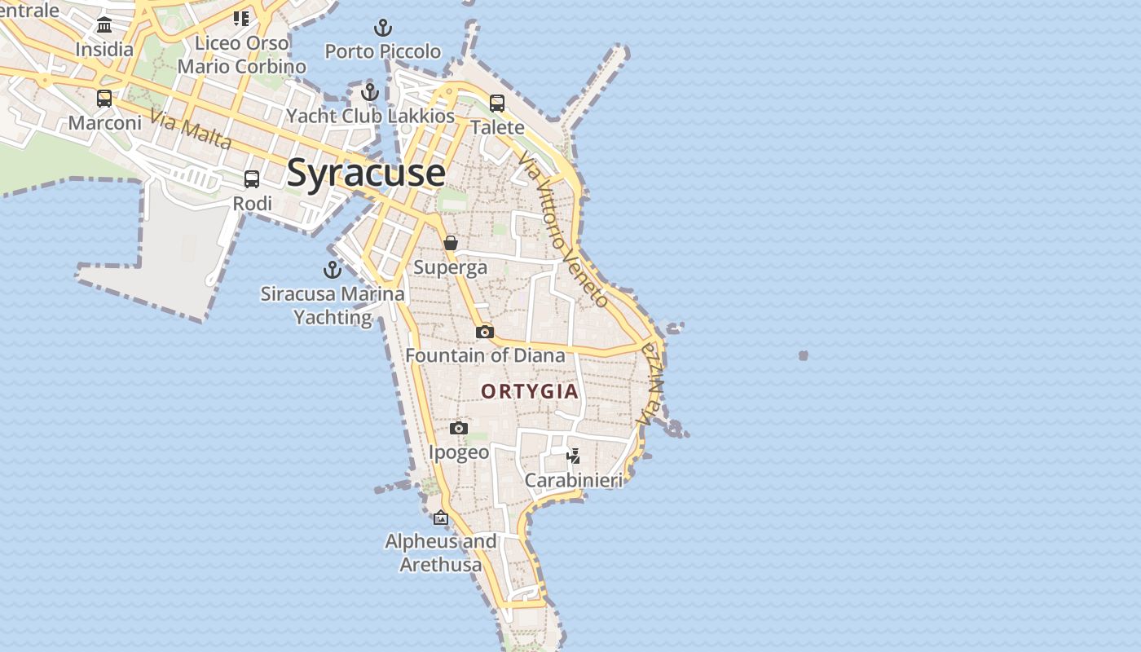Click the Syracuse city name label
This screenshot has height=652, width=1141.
(366, 173)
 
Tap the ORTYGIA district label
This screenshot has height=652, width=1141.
(530, 391)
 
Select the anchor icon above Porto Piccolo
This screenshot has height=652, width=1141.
(383, 29)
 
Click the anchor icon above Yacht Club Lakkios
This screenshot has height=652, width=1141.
(370, 92)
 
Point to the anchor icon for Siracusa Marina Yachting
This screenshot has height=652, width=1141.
(333, 270)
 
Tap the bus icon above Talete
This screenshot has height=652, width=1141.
(497, 104)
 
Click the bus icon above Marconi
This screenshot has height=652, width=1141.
(104, 99)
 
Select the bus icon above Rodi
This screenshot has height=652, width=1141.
(252, 179)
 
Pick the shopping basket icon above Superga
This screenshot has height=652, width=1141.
(451, 243)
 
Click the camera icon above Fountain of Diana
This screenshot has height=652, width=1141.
(485, 332)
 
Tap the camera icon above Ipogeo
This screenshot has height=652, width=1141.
(459, 429)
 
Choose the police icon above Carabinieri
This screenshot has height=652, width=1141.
(574, 456)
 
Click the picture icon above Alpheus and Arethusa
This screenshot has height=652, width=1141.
(441, 518)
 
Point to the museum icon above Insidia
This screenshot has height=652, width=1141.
(104, 25)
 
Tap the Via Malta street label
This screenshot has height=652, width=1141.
(192, 131)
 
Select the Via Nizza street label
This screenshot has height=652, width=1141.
(650, 384)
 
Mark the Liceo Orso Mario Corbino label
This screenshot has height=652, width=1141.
(242, 55)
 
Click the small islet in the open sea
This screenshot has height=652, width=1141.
(804, 355)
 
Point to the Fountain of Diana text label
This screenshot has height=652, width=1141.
(485, 355)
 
